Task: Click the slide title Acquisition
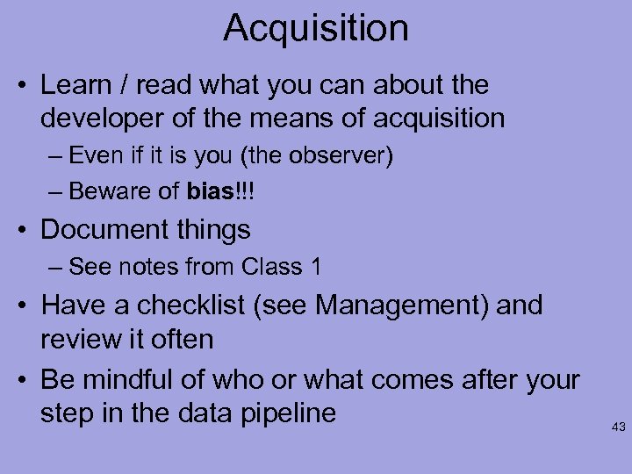pos(316,28)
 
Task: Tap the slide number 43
pos(618,427)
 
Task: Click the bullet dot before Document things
pos(25,231)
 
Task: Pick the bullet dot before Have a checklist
pos(25,306)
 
